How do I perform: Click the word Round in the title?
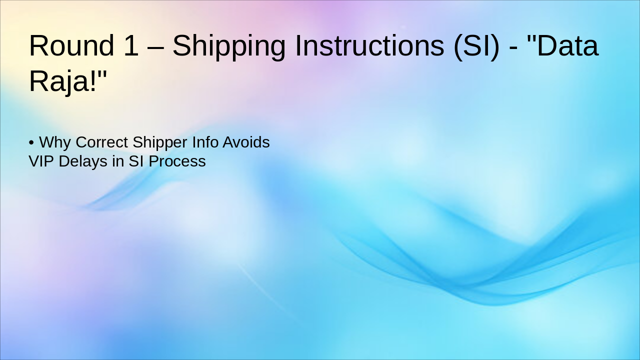(x=71, y=45)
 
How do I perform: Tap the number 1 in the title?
(x=129, y=45)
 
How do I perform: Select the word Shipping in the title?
(x=229, y=45)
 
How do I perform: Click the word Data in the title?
(x=566, y=45)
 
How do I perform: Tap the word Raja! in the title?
(x=68, y=80)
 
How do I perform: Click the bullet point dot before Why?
(x=31, y=143)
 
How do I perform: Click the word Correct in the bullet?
(x=101, y=142)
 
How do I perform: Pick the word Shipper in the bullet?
(x=160, y=142)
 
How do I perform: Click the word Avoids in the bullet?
(x=246, y=142)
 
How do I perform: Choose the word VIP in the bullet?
(x=41, y=161)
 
